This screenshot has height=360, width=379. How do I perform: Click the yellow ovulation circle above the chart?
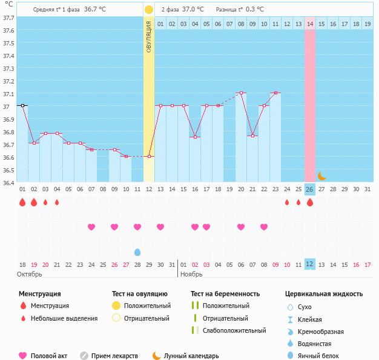149,10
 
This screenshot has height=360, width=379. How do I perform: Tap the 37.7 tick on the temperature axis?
9,18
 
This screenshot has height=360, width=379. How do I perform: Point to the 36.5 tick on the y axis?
9,171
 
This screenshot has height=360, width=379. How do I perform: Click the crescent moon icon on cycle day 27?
321,176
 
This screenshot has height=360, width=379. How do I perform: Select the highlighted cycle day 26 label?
309,189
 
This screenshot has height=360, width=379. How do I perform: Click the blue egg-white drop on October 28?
137,252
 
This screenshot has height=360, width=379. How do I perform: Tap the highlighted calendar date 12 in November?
309,264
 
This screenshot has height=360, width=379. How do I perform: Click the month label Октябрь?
30,274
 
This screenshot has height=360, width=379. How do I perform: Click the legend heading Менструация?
39,293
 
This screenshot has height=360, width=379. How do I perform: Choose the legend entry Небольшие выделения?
64,318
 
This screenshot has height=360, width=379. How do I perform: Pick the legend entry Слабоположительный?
234,330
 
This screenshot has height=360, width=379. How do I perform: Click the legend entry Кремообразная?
325,332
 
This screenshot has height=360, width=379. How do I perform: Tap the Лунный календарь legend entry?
190,356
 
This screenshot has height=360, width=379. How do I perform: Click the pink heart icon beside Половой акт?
23,356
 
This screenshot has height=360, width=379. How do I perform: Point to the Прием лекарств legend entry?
114,356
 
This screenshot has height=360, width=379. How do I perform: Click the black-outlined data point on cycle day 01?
22,106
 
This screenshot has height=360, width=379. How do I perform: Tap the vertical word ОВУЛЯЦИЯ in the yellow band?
149,36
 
